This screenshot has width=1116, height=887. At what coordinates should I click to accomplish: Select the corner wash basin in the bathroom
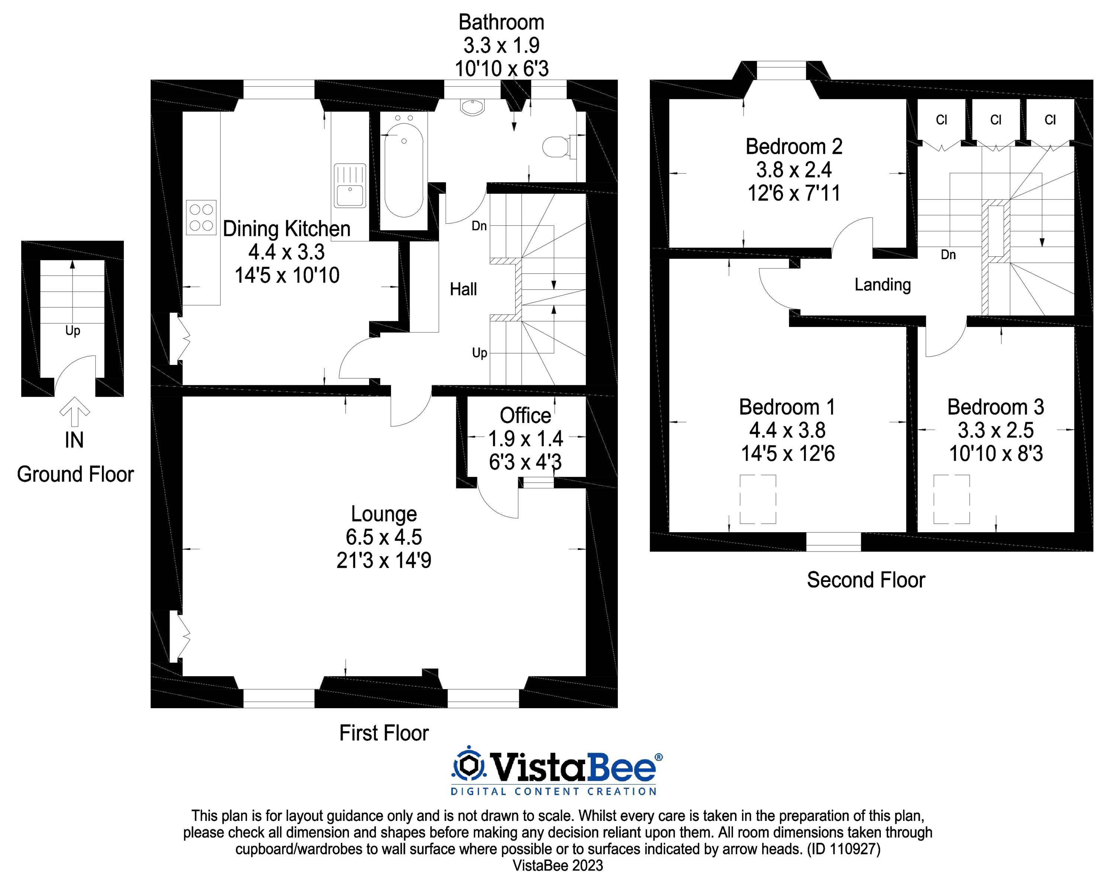coord(472,107)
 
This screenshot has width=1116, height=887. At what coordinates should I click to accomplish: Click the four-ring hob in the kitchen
coord(201,217)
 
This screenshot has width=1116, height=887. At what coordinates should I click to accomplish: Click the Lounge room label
coord(384,514)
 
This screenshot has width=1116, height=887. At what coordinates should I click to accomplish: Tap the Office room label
coord(525,415)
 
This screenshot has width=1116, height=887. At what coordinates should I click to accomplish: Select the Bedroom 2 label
coord(793,147)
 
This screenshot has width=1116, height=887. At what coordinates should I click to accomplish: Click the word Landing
coord(882,285)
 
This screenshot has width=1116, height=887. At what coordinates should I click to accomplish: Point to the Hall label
coord(463,289)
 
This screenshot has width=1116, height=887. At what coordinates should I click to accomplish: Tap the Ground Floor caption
coord(75,475)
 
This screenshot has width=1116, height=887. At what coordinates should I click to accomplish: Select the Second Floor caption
coord(866,580)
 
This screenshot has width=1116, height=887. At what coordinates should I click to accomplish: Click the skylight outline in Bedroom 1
coord(758,499)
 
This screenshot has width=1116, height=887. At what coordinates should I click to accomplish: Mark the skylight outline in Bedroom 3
coord(952,499)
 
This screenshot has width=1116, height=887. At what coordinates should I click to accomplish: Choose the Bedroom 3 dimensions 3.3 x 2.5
coord(995,430)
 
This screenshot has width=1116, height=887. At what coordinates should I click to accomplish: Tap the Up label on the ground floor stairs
coord(73,330)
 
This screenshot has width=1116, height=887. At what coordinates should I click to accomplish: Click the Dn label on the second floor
coord(948,255)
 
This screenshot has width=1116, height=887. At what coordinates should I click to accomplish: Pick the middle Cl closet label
coord(995,120)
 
